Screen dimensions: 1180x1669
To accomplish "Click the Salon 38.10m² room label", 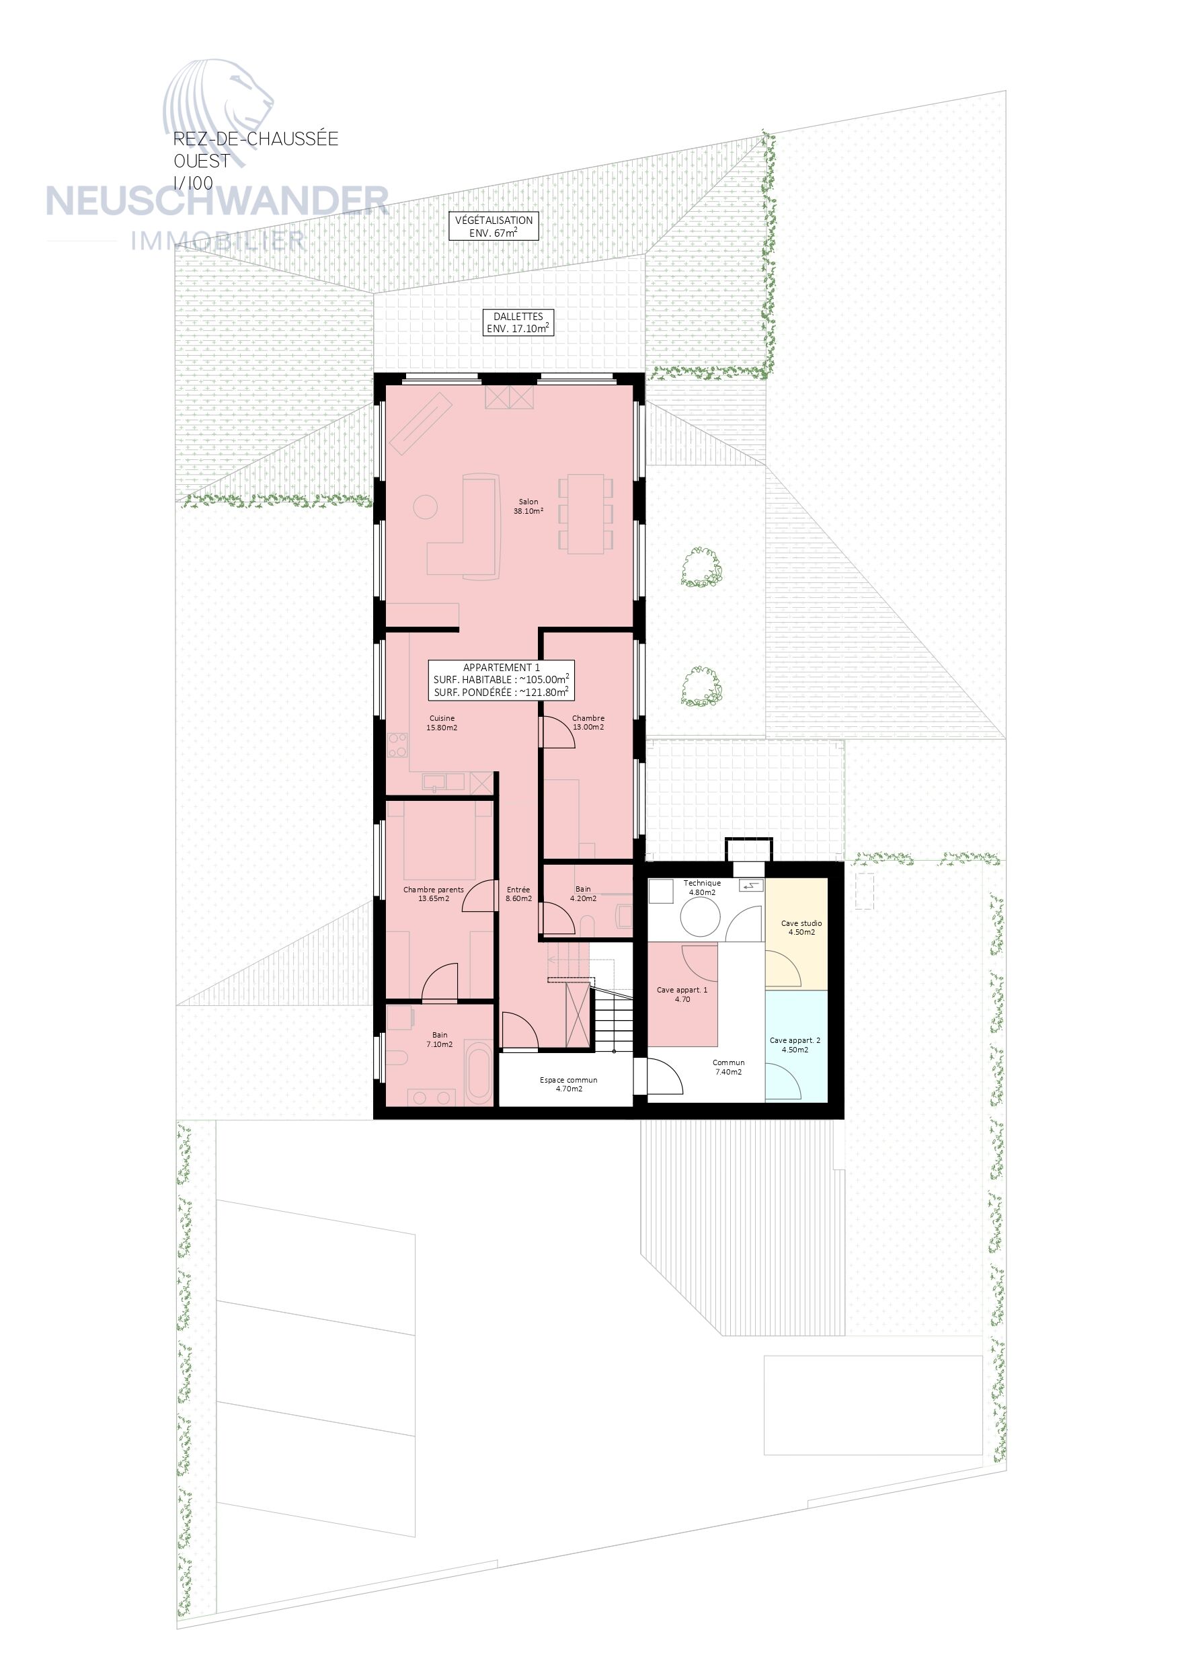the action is [x=528, y=506].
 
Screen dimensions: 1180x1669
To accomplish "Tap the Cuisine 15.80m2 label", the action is [x=441, y=723].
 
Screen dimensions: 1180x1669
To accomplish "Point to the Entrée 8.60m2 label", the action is [x=518, y=894].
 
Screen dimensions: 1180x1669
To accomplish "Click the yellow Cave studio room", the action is [x=797, y=933].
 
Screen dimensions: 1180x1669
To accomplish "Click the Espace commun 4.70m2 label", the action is [x=569, y=1085].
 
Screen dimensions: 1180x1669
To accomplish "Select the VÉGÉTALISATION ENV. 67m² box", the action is [x=494, y=226].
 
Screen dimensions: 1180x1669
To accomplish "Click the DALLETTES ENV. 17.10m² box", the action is [x=518, y=323].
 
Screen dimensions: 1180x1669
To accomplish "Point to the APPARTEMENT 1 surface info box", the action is [x=501, y=680].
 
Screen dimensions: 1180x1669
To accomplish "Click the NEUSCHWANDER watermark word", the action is [x=217, y=201].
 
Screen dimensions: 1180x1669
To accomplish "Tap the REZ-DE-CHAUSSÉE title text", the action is [x=256, y=138].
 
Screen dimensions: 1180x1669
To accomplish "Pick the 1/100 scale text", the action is [x=194, y=183].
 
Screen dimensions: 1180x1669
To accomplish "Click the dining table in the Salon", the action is [x=585, y=514].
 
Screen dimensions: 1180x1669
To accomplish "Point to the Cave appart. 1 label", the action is [x=682, y=995].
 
